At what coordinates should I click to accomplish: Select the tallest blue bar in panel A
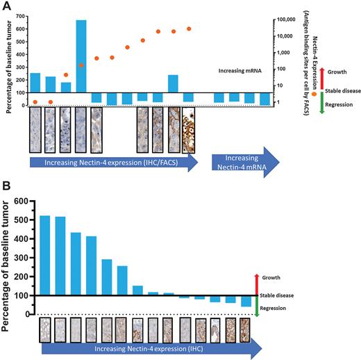click(x=81, y=56)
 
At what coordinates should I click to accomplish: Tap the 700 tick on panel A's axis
click(x=17, y=13)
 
